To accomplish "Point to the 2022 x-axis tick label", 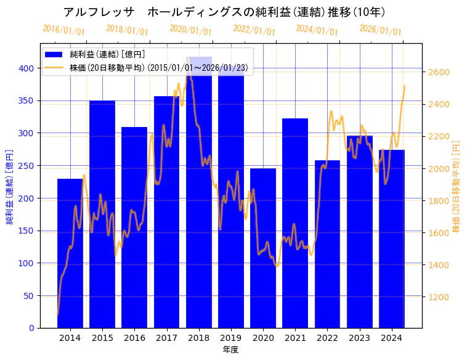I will [x=327, y=338].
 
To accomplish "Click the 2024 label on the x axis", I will [x=392, y=338].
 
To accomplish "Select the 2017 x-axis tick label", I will [x=166, y=338].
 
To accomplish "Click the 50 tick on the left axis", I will [x=30, y=296].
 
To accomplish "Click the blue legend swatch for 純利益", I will [x=54, y=54].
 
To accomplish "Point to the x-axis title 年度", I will [x=230, y=350].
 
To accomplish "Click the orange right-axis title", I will [x=457, y=186].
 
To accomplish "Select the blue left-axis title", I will [x=10, y=186].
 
